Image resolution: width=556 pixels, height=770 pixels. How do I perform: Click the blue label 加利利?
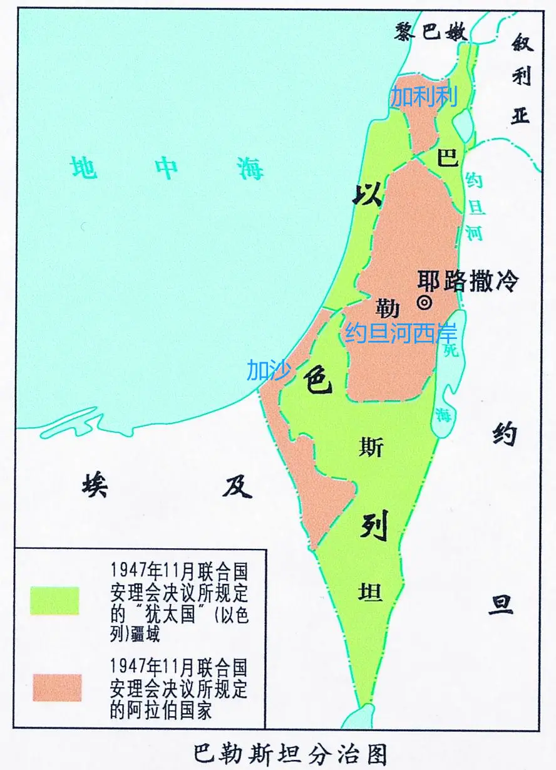[x=425, y=97]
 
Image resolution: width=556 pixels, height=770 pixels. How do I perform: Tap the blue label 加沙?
[x=269, y=370]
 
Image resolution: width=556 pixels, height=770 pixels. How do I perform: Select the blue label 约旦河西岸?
[x=401, y=333]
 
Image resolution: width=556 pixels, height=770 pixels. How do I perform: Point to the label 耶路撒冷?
[x=468, y=281]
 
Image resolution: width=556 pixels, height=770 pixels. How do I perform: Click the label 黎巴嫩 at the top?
[x=432, y=31]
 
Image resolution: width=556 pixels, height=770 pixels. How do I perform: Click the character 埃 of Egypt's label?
[x=95, y=484]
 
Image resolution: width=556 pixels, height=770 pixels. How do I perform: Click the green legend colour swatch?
[x=55, y=601]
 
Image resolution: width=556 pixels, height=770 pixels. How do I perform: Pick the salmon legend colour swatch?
[x=57, y=687]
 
